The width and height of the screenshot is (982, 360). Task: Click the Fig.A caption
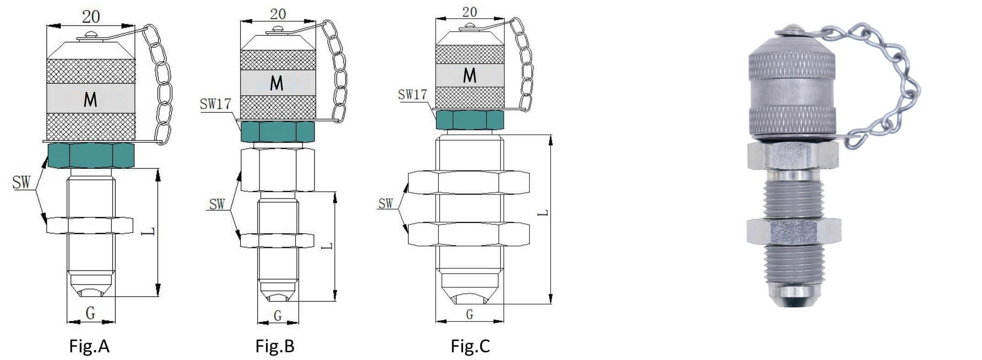coord(89,346)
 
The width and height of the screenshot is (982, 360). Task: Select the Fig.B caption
coord(275,346)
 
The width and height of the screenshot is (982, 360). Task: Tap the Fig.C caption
coord(470,346)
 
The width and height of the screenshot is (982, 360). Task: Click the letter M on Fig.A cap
coord(91,99)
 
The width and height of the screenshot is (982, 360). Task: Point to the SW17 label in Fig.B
coord(216,104)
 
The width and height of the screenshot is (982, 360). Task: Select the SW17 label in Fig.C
coord(412,95)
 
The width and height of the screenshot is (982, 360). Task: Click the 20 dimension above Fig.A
coord(91,17)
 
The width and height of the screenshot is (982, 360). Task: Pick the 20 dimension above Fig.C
coord(469,12)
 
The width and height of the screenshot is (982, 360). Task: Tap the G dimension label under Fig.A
coord(91,313)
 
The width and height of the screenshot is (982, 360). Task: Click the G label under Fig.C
coord(469,314)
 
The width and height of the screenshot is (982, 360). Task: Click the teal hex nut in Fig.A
coord(91,155)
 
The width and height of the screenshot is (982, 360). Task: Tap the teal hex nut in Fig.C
coord(469,119)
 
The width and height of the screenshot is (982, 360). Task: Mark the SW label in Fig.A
coord(21,183)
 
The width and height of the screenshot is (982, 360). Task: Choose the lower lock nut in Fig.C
coord(469,234)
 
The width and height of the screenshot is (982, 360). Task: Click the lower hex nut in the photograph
coord(793,231)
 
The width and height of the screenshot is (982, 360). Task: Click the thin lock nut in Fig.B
coord(277,240)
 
